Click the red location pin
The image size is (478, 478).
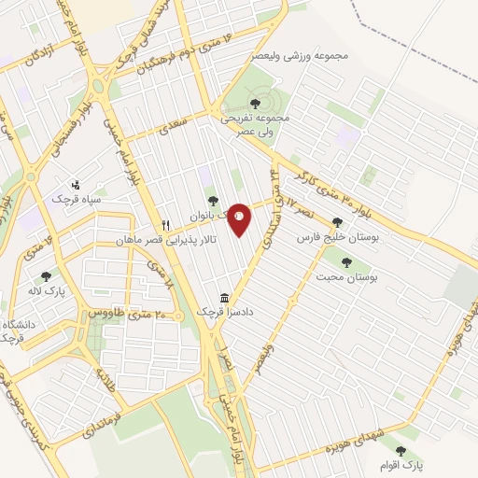pyautogui.click(x=239, y=219)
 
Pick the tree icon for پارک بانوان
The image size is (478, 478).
pyautogui.click(x=213, y=199)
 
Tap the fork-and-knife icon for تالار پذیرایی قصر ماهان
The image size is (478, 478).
pyautogui.click(x=166, y=224)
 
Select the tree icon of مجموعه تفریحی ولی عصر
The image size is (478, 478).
pyautogui.click(x=256, y=102)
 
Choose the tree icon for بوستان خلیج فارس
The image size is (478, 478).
pyautogui.click(x=337, y=222)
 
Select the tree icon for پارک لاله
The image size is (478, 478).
pyautogui.click(x=46, y=276)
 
